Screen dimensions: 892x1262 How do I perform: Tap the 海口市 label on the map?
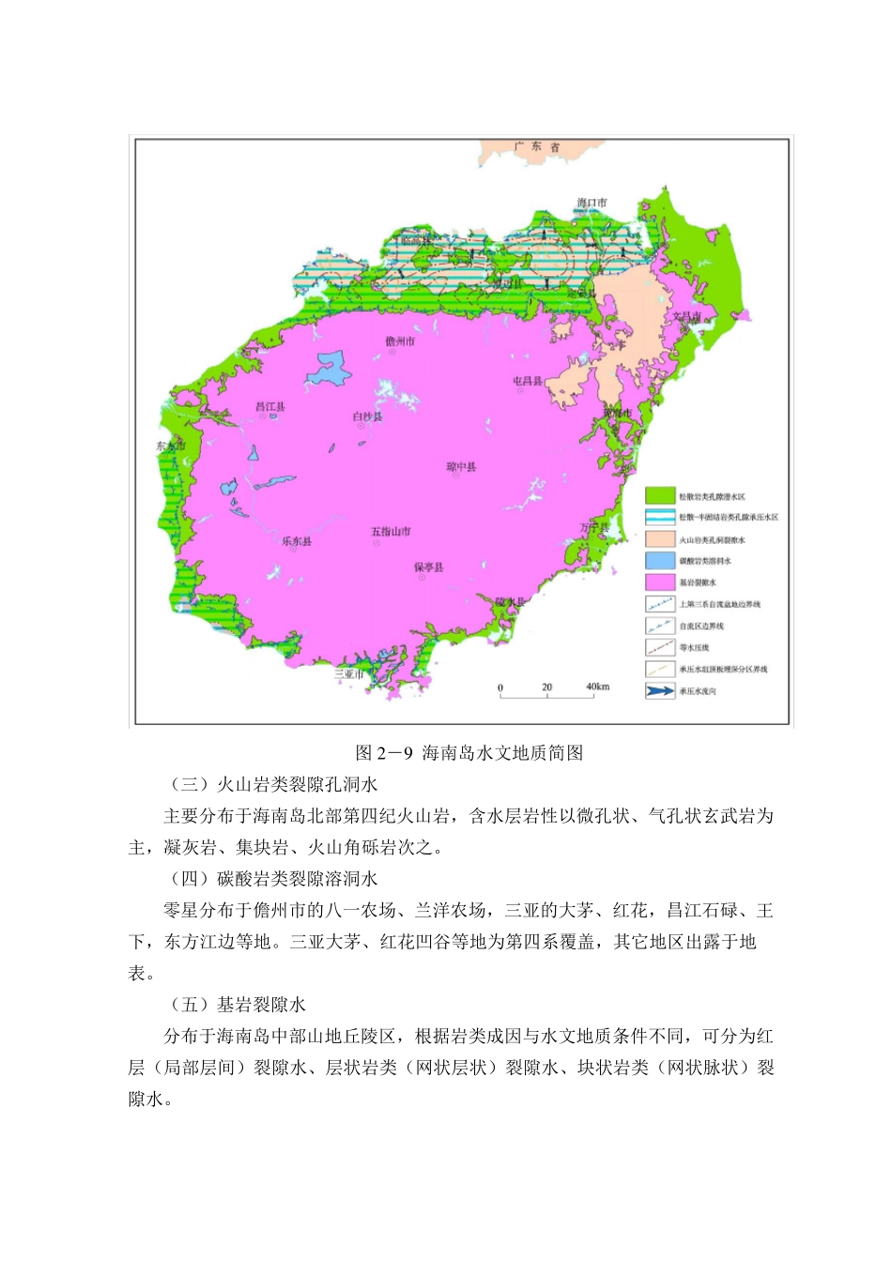click(x=592, y=203)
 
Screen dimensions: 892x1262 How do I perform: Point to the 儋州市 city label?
click(x=400, y=342)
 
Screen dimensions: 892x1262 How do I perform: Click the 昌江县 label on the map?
click(x=270, y=407)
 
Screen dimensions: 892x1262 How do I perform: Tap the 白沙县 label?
click(x=367, y=416)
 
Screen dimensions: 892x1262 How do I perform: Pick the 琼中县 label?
click(x=461, y=467)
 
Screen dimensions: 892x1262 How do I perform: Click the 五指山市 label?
click(x=391, y=531)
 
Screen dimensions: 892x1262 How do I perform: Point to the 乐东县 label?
click(x=297, y=541)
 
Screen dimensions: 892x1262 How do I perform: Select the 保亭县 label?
click(x=429, y=567)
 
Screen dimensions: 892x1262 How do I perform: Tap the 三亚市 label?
click(x=348, y=674)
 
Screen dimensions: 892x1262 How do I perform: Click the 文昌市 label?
click(x=686, y=316)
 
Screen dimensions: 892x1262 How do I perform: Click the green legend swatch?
click(x=660, y=496)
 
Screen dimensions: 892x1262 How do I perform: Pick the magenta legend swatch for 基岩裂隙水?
click(x=660, y=582)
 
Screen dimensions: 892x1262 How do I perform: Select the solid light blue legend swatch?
click(x=660, y=561)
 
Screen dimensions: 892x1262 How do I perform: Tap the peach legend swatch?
click(x=660, y=539)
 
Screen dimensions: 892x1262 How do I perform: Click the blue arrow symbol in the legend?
click(x=660, y=691)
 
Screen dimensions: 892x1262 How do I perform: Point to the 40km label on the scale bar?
click(x=598, y=686)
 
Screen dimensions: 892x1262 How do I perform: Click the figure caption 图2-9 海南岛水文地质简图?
click(x=469, y=753)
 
